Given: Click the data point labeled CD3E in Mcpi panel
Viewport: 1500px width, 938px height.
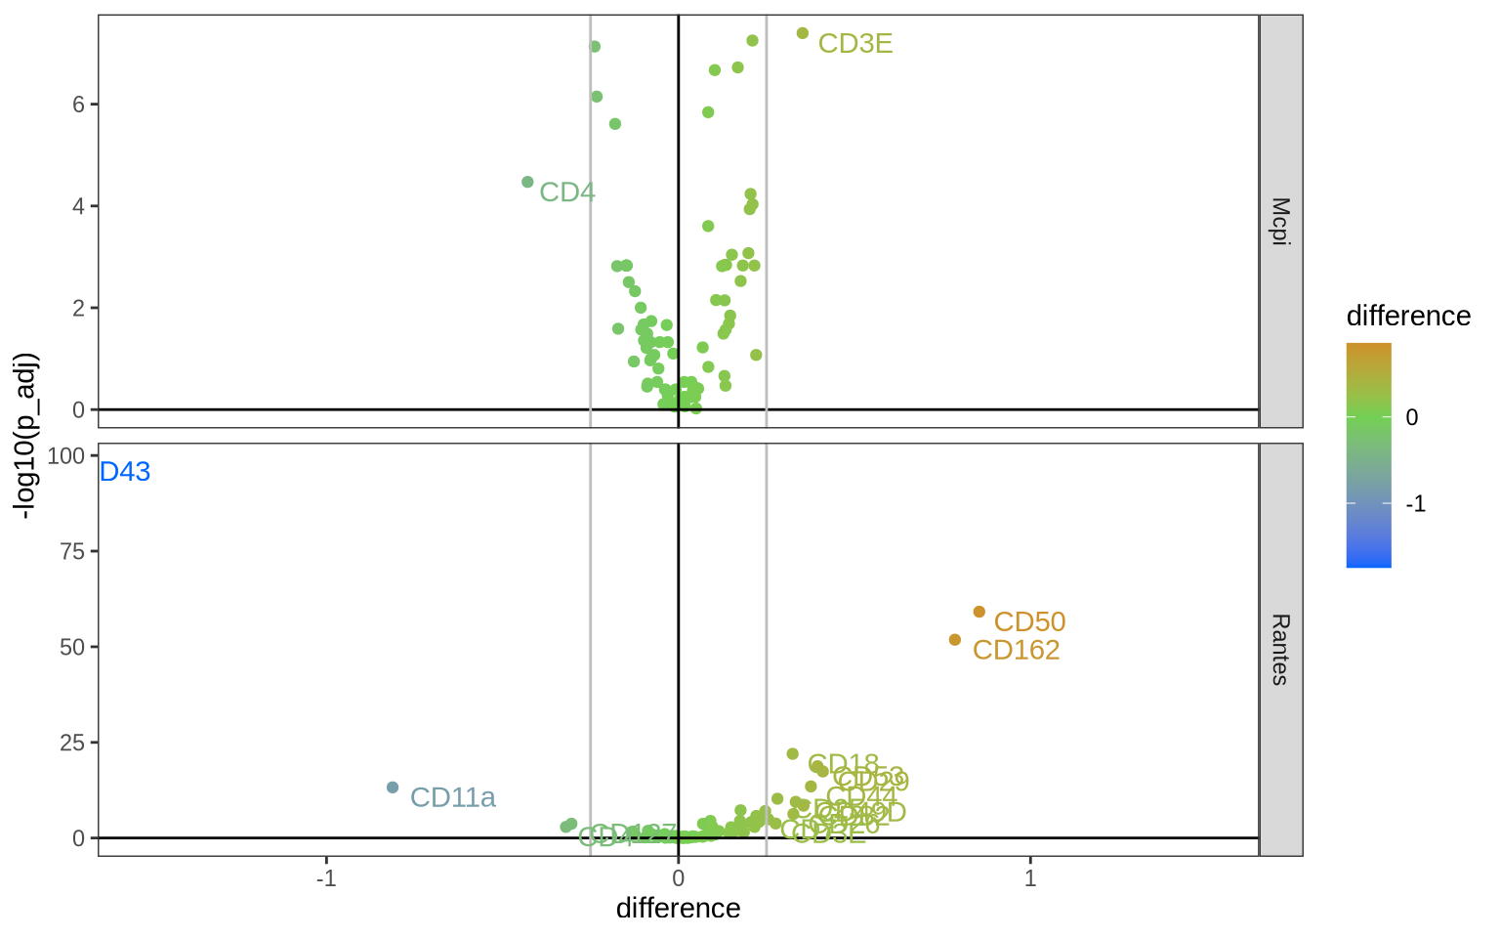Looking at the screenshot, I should point(803,33).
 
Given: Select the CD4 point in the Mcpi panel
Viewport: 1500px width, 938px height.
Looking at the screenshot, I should point(527,182).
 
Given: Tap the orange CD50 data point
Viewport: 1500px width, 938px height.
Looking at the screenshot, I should point(979,612).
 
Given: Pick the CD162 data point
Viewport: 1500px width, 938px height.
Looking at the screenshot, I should point(955,640).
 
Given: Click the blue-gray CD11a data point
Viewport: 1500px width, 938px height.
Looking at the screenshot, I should point(393,788).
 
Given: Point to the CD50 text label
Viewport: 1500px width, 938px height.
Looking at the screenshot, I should point(1029,622).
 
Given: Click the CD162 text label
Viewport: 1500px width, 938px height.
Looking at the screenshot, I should point(1016,650).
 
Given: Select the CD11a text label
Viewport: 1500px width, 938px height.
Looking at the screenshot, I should point(452,798).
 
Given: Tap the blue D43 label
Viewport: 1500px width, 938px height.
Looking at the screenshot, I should point(125,472).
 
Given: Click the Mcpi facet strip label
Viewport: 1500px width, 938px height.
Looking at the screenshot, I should point(1280,222).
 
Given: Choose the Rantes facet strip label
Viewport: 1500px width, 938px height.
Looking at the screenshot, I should point(1280,650).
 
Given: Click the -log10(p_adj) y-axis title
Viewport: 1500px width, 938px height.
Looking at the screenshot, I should point(23,436).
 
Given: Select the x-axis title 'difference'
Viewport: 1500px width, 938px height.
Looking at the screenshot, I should point(678,909).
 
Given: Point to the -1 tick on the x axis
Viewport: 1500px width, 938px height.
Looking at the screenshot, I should point(326,877).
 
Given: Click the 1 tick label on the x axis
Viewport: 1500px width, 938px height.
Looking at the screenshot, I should point(1030,877).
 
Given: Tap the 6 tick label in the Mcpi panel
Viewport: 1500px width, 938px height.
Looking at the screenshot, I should point(77,105).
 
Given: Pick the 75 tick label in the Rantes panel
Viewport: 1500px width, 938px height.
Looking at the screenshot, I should point(72,551).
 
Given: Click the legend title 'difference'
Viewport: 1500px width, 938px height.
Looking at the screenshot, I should point(1408,317).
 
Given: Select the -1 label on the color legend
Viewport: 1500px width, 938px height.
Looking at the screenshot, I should point(1415,504).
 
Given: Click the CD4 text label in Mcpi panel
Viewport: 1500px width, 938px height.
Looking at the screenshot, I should point(566,192).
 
